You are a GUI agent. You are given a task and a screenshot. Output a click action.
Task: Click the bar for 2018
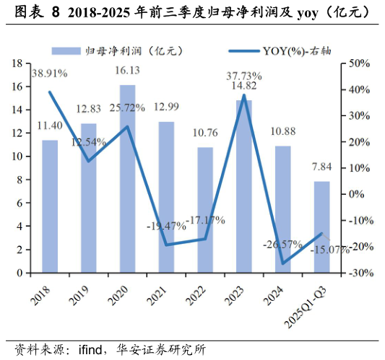click(50, 206)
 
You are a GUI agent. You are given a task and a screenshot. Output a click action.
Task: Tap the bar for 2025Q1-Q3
click(321, 227)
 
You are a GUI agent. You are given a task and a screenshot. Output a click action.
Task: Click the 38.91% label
click(50, 74)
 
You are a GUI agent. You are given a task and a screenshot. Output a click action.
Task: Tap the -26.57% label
click(282, 245)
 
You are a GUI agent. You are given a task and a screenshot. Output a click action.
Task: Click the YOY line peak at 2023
click(244, 95)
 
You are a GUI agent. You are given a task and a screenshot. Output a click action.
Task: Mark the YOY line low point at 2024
click(283, 263)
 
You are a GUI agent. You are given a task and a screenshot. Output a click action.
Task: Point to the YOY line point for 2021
click(166, 245)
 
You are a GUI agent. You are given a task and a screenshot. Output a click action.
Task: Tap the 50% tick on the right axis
click(358, 63)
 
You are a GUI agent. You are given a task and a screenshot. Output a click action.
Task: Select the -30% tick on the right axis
click(358, 273)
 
